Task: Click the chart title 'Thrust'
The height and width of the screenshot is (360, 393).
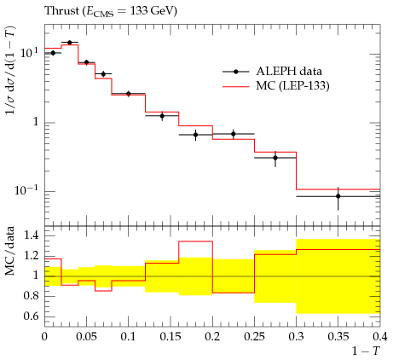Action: (x=62, y=10)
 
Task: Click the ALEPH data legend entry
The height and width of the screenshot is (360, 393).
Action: (x=272, y=72)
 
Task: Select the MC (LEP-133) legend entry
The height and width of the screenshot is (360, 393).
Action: (x=275, y=85)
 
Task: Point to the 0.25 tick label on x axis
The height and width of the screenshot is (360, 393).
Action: (x=254, y=337)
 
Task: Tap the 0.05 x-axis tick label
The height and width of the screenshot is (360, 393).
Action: (x=86, y=337)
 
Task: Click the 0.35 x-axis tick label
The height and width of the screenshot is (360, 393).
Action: (x=338, y=337)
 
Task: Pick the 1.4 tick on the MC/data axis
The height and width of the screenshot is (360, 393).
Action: (x=31, y=235)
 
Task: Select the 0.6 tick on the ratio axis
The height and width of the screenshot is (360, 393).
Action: (x=31, y=316)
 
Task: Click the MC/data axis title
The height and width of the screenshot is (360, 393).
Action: (x=10, y=251)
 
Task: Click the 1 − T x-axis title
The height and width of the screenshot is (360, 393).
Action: (x=366, y=351)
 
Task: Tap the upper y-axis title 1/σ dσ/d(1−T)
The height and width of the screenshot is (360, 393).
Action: (x=11, y=70)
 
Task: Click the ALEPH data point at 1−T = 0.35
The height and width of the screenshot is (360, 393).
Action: (x=338, y=196)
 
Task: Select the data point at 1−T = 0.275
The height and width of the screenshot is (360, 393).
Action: (x=275, y=158)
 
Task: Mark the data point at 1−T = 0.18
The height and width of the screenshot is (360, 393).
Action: (x=195, y=135)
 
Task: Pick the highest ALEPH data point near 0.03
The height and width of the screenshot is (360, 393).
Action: (x=70, y=43)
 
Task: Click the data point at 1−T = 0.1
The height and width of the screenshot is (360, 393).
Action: (x=129, y=94)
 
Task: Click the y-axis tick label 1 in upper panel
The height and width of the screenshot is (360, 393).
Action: (x=36, y=122)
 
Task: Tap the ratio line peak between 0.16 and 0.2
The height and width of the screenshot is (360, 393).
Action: (x=195, y=241)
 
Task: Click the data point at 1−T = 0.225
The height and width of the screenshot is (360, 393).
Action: (x=234, y=134)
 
